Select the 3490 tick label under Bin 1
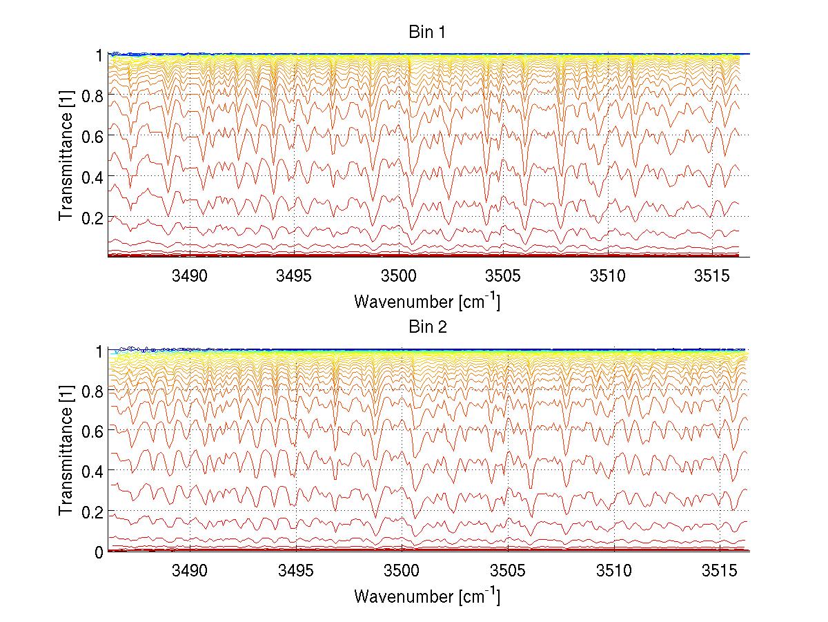pos(190,276)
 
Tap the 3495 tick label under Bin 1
pos(295,276)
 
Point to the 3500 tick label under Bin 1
pos(399,276)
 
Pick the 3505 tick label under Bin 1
pos(503,276)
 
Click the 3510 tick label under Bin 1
pos(608,276)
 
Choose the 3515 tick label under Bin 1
pos(712,276)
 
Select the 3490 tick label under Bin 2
pos(190,571)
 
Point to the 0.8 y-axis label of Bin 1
pos(93,95)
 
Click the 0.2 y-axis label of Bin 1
pos(93,217)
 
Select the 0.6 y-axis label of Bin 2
pos(93,431)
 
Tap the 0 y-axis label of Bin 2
pos(99,552)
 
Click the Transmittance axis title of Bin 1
pos(66,156)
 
